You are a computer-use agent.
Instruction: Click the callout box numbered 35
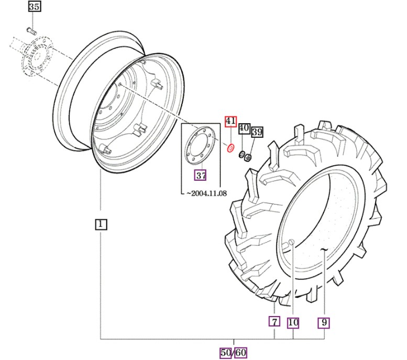click(34, 6)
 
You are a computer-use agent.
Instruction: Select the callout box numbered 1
click(101, 224)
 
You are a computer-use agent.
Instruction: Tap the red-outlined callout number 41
click(230, 121)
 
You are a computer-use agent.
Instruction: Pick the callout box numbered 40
click(244, 128)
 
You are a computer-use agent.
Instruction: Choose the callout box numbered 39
click(257, 132)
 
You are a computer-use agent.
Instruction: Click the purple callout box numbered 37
click(201, 176)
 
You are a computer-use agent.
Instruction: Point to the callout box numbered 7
click(274, 322)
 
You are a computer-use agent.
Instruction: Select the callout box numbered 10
click(293, 323)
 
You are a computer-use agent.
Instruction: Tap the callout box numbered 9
click(324, 323)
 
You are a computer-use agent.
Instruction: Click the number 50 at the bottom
click(226, 353)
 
